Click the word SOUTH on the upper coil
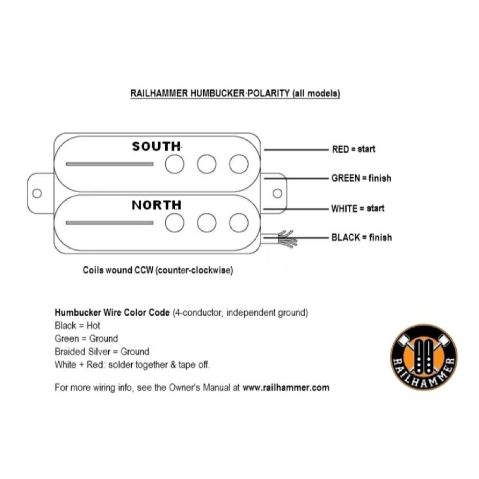156,146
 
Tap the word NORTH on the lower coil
156,205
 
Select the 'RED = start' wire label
354,149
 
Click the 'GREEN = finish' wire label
361,178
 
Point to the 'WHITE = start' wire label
357,208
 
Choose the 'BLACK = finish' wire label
361,237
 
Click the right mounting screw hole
277,193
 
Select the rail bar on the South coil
109,164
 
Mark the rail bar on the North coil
109,223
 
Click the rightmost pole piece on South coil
239,164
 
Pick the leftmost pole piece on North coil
175,223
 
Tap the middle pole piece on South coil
206,164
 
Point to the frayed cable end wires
286,238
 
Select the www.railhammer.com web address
286,388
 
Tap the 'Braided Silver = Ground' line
102,352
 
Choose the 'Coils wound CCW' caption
158,270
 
